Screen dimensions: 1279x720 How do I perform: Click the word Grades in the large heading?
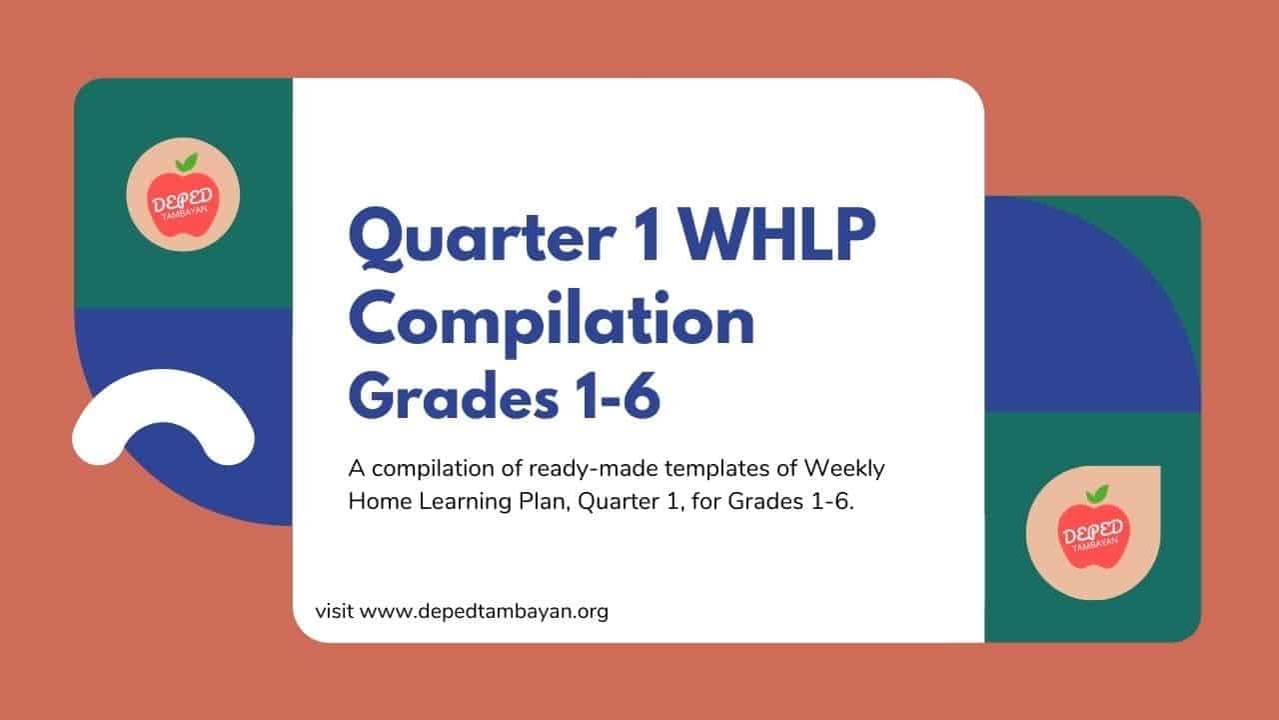tap(454, 394)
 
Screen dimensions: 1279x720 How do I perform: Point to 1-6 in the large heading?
tap(617, 395)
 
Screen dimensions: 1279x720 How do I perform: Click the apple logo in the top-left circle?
tap(183, 195)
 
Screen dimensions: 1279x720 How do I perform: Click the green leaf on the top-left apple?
tap(187, 162)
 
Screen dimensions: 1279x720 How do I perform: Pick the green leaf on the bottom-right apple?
tap(1097, 494)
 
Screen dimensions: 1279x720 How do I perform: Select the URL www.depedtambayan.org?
tap(485, 612)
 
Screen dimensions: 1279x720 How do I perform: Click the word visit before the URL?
tap(334, 611)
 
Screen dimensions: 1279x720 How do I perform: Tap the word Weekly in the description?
tap(844, 469)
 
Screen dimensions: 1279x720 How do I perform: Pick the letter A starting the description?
tap(357, 469)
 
